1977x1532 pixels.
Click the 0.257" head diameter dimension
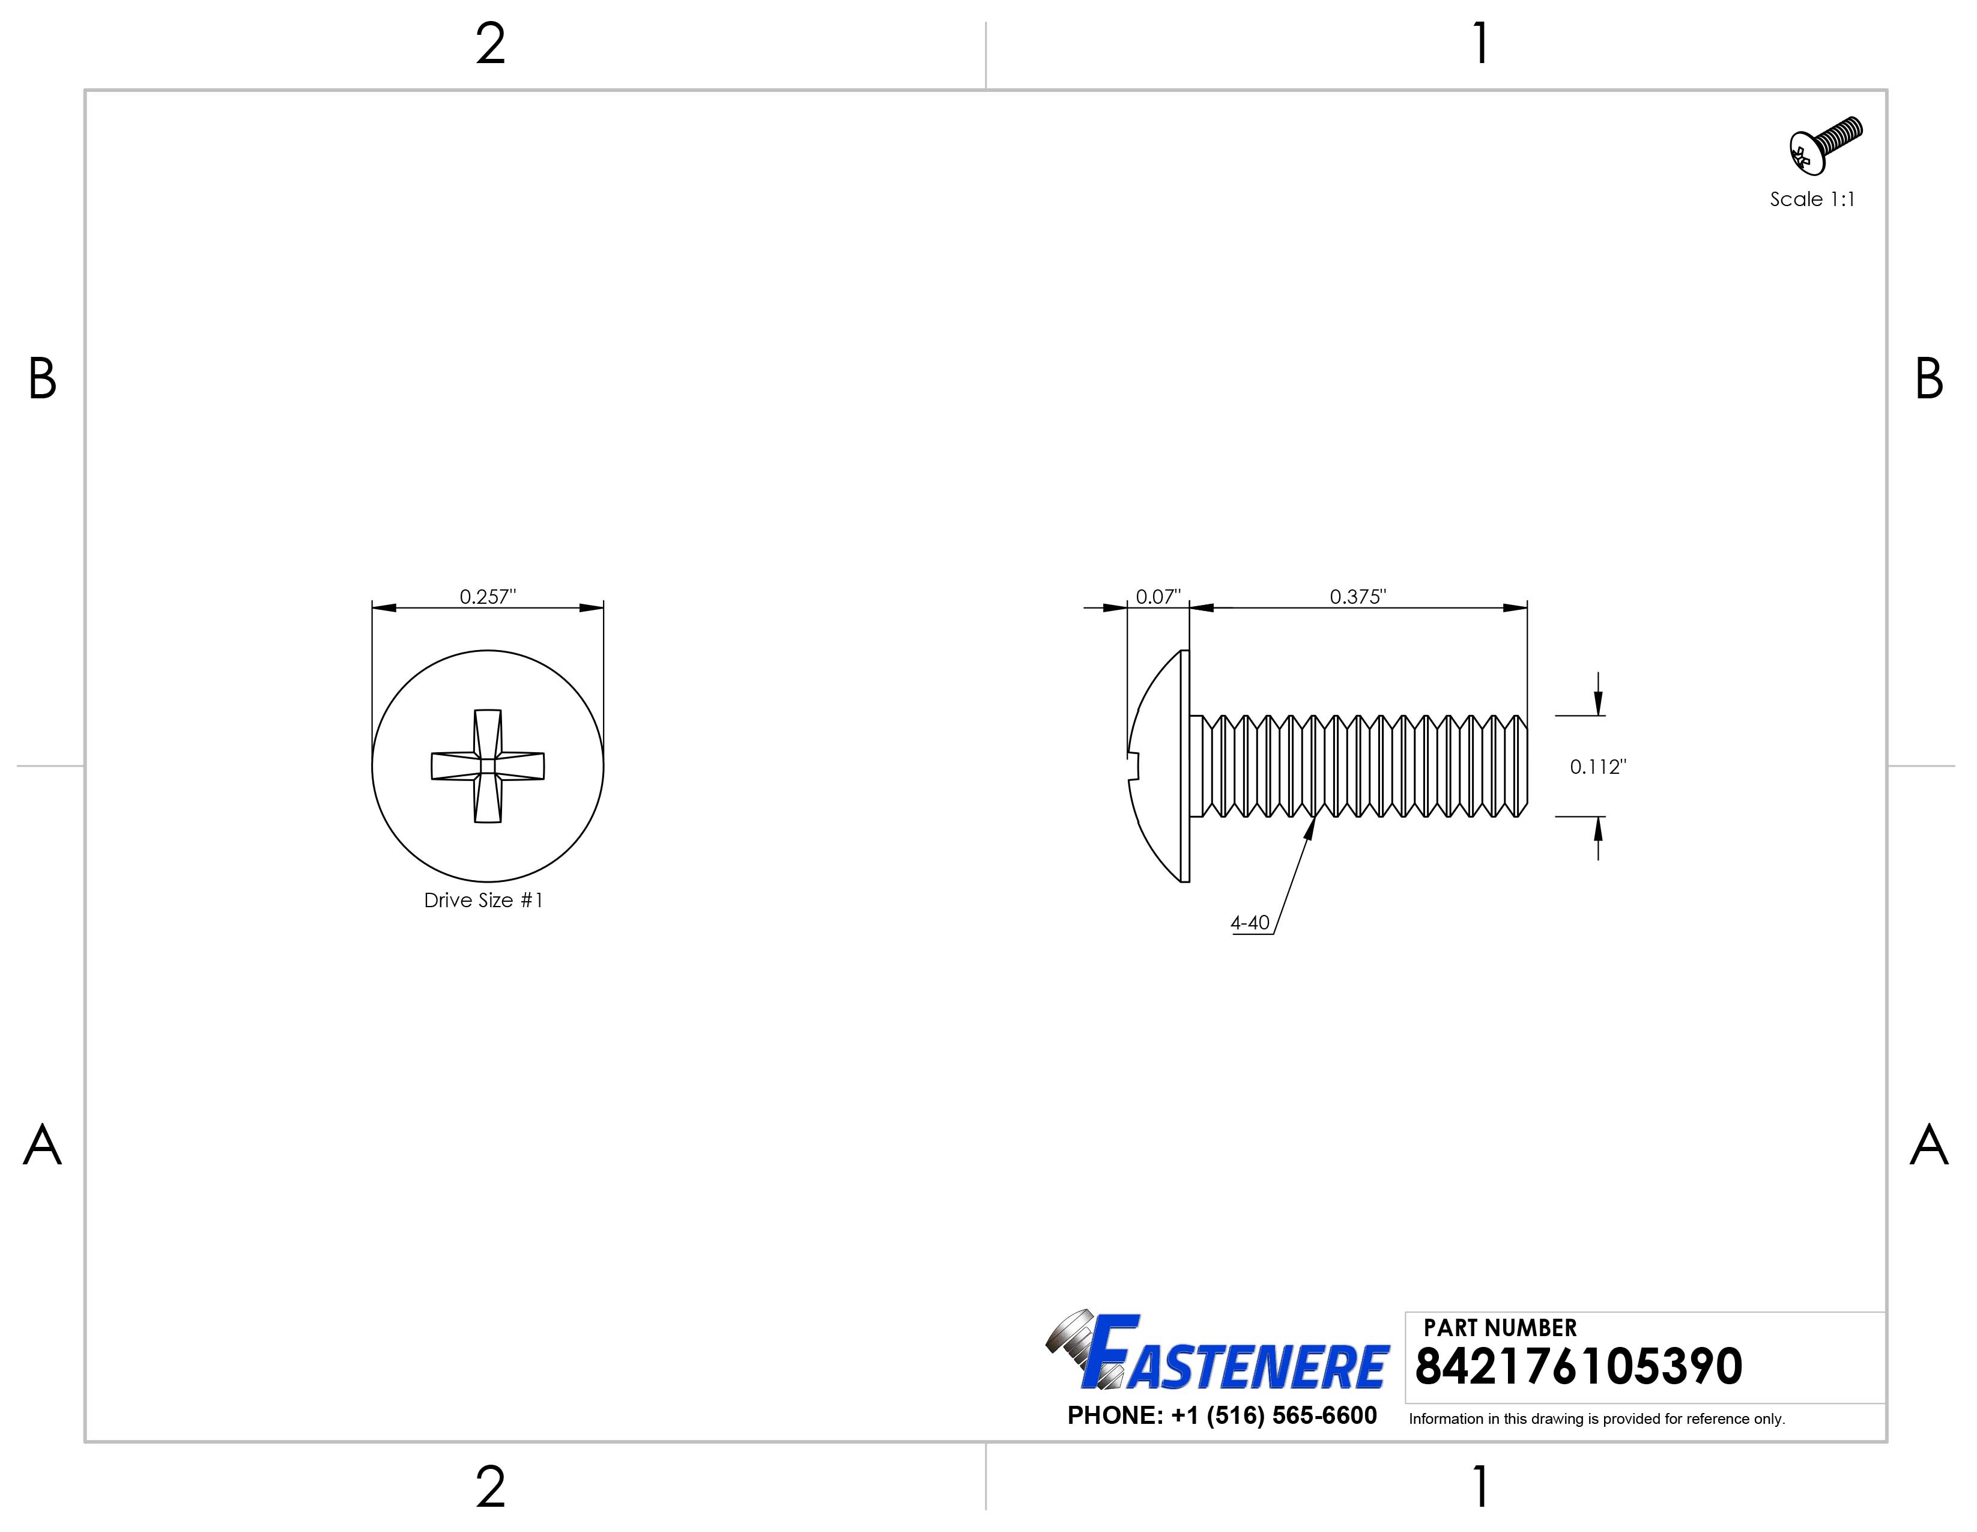point(487,597)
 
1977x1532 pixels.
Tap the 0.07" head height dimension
point(1158,597)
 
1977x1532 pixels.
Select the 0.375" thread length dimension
point(1357,597)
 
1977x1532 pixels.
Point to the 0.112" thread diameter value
point(1597,767)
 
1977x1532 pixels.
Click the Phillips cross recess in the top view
point(487,766)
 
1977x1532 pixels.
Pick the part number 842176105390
point(1578,1367)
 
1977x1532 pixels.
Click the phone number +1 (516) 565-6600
point(1222,1416)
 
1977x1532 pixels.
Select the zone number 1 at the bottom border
point(1481,1487)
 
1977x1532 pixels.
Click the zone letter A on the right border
point(1928,1146)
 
